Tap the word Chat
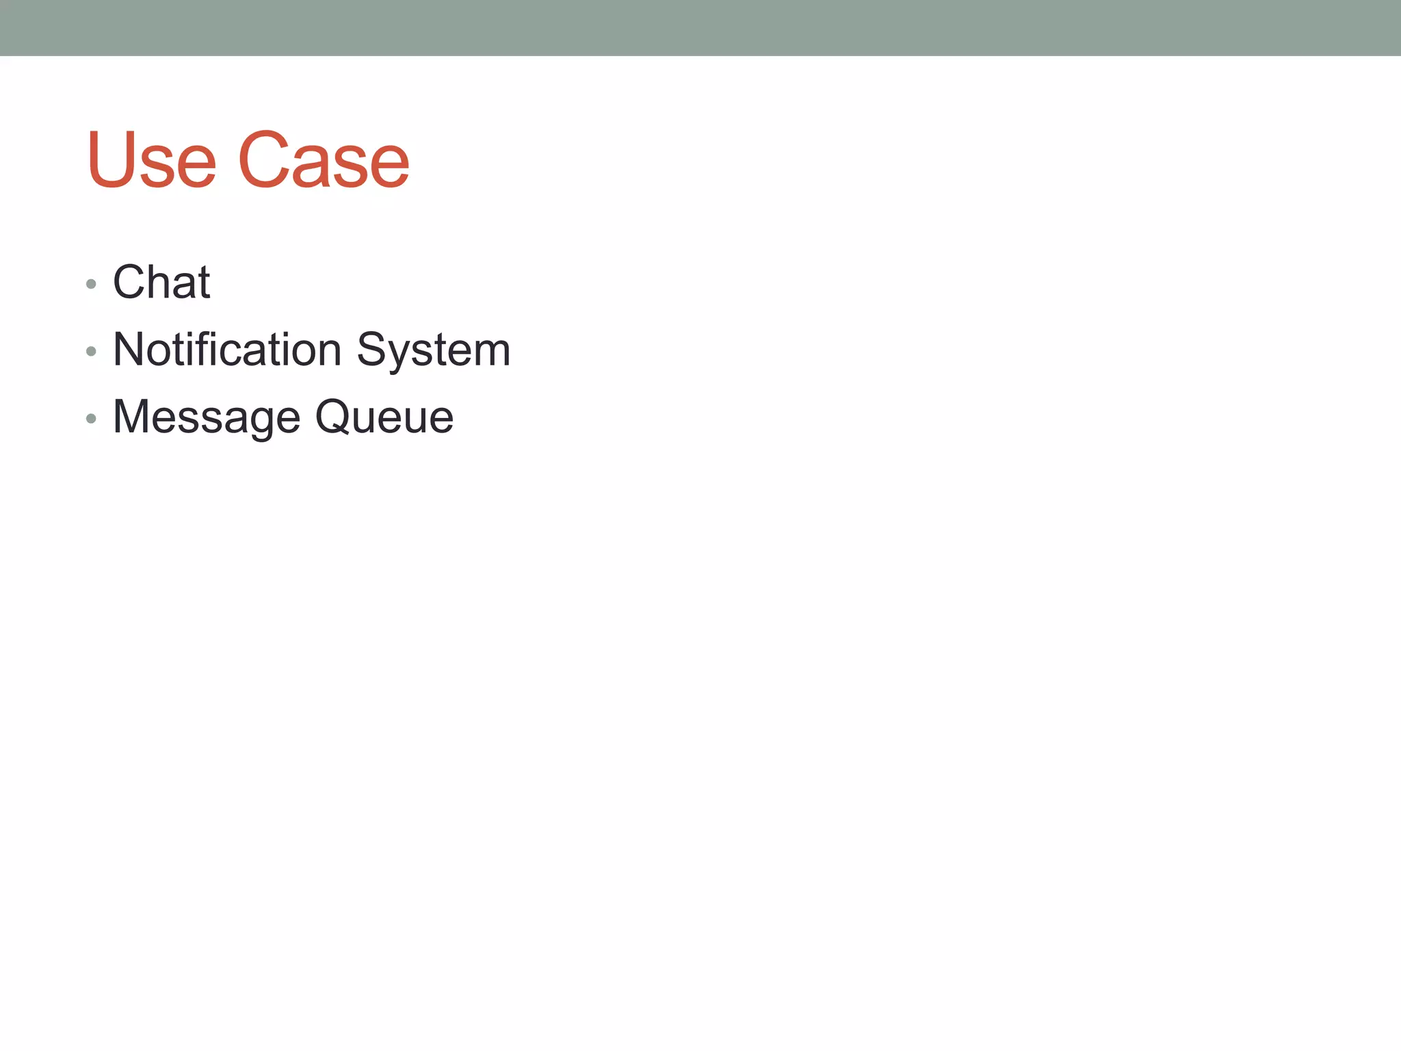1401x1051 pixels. [161, 282]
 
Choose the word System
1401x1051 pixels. [434, 350]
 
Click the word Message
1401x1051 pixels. [207, 417]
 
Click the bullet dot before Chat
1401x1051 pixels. [92, 284]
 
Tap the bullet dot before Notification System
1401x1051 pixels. [92, 352]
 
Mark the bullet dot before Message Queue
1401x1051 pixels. [92, 419]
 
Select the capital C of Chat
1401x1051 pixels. [129, 282]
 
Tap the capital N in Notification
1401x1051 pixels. [129, 349]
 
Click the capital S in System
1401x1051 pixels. [372, 349]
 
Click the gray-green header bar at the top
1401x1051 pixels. [700, 27]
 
